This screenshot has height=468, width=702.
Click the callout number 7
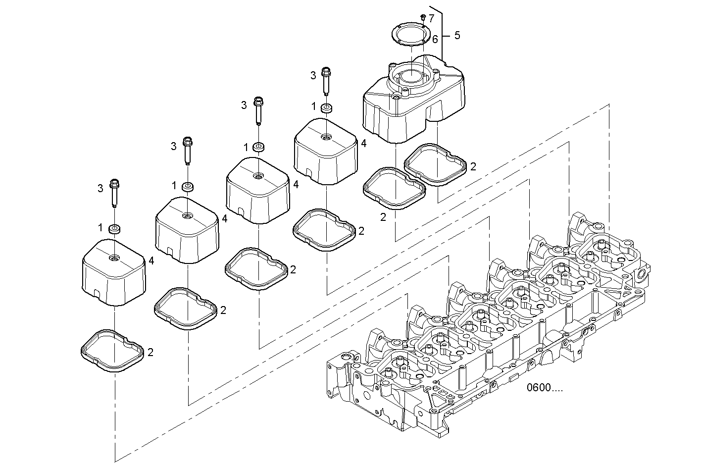tap(432, 18)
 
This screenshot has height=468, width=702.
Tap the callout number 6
tap(435, 40)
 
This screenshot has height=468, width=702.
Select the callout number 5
tap(457, 36)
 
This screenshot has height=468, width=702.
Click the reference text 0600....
tap(545, 387)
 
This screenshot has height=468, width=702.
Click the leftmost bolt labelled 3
tap(114, 193)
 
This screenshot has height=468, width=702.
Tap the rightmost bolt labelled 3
tap(326, 81)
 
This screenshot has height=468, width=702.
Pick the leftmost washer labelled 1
tap(115, 229)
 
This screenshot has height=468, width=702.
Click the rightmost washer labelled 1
tap(326, 108)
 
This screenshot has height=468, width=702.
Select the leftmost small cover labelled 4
tap(114, 272)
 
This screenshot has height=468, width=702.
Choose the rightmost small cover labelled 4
tap(326, 151)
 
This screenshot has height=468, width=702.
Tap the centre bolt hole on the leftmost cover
tap(114, 258)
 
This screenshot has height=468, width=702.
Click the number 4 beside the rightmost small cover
tap(363, 143)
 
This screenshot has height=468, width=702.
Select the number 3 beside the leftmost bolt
tap(100, 188)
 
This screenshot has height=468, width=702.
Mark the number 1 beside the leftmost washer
tap(100, 228)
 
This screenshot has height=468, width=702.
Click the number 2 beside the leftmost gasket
tap(150, 352)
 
